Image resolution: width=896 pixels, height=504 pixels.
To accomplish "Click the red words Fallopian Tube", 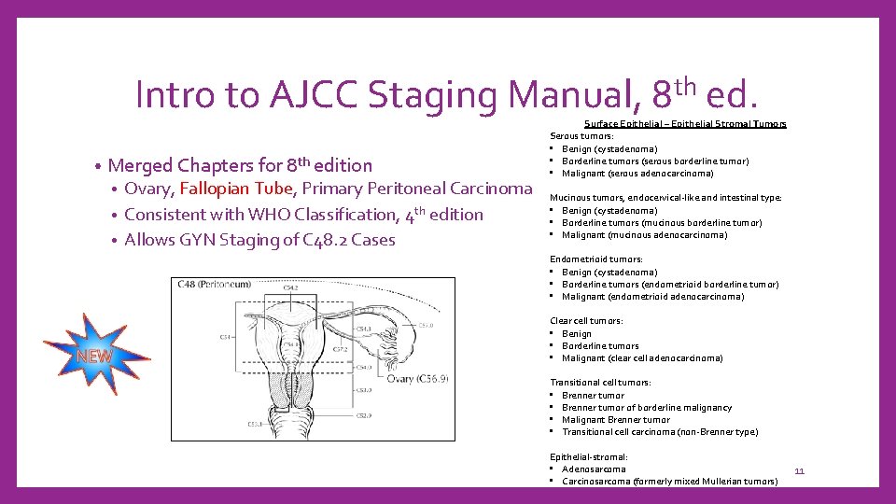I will [x=237, y=189].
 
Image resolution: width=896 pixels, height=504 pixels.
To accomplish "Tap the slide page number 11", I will [x=799, y=471].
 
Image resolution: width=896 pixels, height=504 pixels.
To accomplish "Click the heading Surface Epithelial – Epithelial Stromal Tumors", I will [x=685, y=124].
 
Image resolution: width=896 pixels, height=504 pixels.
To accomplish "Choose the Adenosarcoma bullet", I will [x=594, y=469].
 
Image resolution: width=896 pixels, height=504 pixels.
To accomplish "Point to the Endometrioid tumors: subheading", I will [x=595, y=259].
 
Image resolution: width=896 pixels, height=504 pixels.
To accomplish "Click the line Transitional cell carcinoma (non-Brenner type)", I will [x=660, y=431].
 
